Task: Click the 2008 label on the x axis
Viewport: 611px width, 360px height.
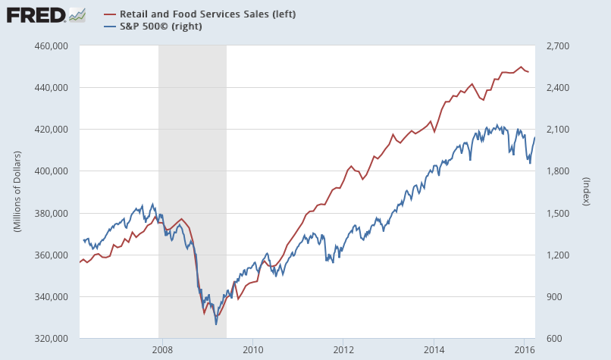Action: [162, 349]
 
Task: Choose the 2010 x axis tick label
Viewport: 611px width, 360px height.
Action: [252, 349]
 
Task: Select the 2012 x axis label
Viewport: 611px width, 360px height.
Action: [343, 349]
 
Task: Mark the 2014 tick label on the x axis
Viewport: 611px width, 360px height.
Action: [434, 349]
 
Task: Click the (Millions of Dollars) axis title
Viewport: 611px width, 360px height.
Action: [17, 192]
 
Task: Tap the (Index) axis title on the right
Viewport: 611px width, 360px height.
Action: [586, 192]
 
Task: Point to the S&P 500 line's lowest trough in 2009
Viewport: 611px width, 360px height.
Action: [216, 324]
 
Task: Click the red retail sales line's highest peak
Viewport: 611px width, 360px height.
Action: [521, 67]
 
